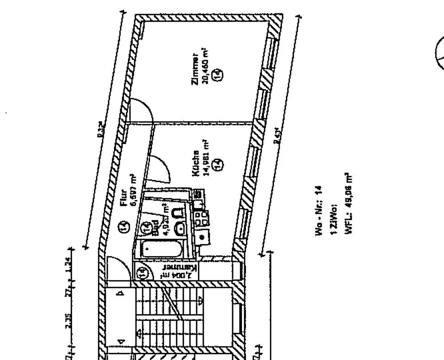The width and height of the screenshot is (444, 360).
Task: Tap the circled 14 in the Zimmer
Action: pyautogui.click(x=217, y=75)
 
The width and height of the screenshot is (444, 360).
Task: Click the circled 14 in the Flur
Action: pyautogui.click(x=125, y=228)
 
